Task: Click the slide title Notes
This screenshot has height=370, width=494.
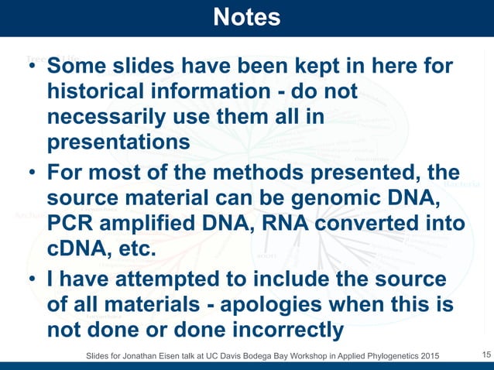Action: point(246,17)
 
